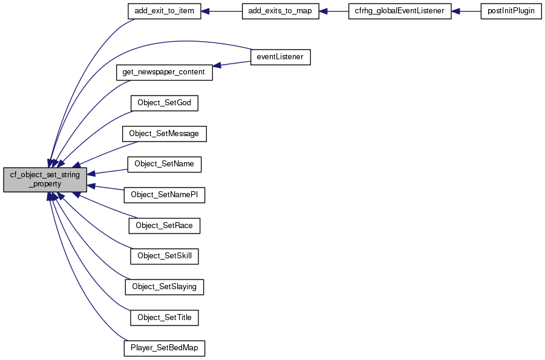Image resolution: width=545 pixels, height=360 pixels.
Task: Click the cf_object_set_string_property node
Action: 45,180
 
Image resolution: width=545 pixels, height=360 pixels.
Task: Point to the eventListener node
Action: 281,57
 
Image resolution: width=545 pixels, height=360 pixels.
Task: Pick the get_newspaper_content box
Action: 164,72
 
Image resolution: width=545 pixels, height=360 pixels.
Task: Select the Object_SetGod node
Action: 164,103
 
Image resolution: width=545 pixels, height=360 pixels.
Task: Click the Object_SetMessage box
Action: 164,134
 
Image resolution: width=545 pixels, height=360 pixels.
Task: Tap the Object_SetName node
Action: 164,164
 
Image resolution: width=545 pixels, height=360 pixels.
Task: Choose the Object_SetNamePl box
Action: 164,195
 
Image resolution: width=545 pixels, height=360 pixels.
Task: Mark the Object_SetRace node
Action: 164,226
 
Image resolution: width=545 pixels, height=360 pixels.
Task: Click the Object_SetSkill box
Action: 164,256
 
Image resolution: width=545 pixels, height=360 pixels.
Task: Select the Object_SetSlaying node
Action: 164,287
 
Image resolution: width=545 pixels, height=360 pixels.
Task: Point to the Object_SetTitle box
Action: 164,318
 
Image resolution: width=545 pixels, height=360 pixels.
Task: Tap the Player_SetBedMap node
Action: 164,348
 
